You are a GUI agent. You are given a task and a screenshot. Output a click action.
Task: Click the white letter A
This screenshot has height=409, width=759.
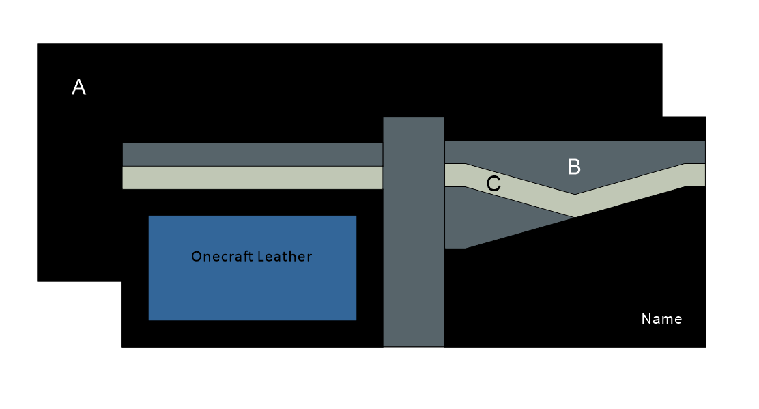coord(79,87)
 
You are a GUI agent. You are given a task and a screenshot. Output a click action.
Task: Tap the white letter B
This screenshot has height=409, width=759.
coord(574,167)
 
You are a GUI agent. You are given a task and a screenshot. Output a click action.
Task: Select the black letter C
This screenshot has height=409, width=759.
coord(493,184)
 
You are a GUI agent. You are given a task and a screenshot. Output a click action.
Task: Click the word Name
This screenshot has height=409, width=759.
coord(661,319)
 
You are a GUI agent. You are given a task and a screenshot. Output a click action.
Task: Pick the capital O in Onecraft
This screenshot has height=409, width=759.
coord(197,257)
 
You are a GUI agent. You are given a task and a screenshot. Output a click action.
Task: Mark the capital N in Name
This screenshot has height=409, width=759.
coord(646,319)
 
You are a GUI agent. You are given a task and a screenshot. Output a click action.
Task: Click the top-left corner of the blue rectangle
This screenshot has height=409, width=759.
coord(149,216)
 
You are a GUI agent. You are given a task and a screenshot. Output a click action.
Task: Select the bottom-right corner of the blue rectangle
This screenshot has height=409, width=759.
coord(356,320)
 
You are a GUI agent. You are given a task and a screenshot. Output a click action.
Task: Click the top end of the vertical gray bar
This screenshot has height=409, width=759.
coord(414,119)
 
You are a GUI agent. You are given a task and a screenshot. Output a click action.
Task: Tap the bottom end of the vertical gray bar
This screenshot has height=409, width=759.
coord(414,345)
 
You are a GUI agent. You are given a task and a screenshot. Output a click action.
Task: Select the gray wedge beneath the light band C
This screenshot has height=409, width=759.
coord(491,218)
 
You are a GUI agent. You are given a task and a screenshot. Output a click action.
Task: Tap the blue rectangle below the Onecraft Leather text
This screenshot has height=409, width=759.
coord(253,294)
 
